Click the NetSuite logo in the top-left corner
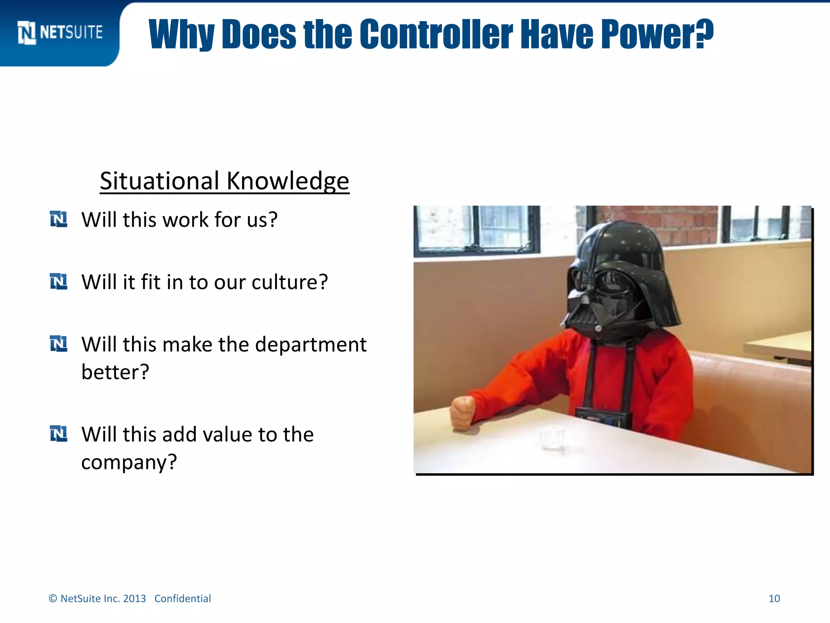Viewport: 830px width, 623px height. [60, 32]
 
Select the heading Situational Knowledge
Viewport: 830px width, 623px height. [225, 181]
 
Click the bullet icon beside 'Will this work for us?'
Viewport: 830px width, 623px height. [58, 219]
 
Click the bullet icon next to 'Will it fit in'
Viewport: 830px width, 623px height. [58, 281]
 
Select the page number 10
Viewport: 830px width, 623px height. [774, 599]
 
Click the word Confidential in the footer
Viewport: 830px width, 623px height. [182, 599]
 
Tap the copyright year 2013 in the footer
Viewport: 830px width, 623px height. [134, 599]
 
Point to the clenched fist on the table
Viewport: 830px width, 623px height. [463, 412]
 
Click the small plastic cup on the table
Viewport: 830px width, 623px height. [552, 437]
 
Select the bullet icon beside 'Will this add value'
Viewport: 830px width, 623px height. [58, 434]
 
